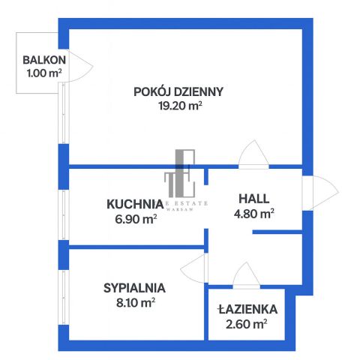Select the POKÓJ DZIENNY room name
[x=178, y=92]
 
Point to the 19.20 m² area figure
[x=178, y=106]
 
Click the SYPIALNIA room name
[x=134, y=287]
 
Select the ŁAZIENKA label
[x=248, y=309]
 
